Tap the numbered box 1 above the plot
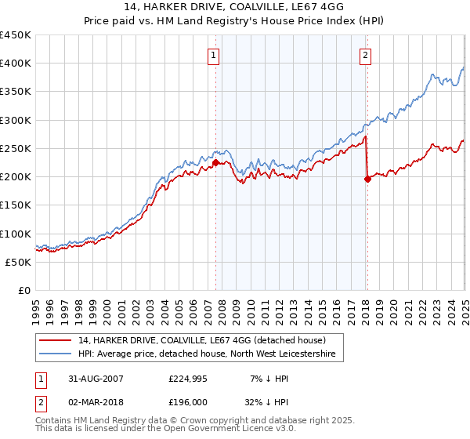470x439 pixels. pos(214,55)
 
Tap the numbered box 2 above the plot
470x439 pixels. pos(366,55)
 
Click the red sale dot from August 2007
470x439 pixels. pos(215,163)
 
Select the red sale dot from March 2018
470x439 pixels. pos(367,180)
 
